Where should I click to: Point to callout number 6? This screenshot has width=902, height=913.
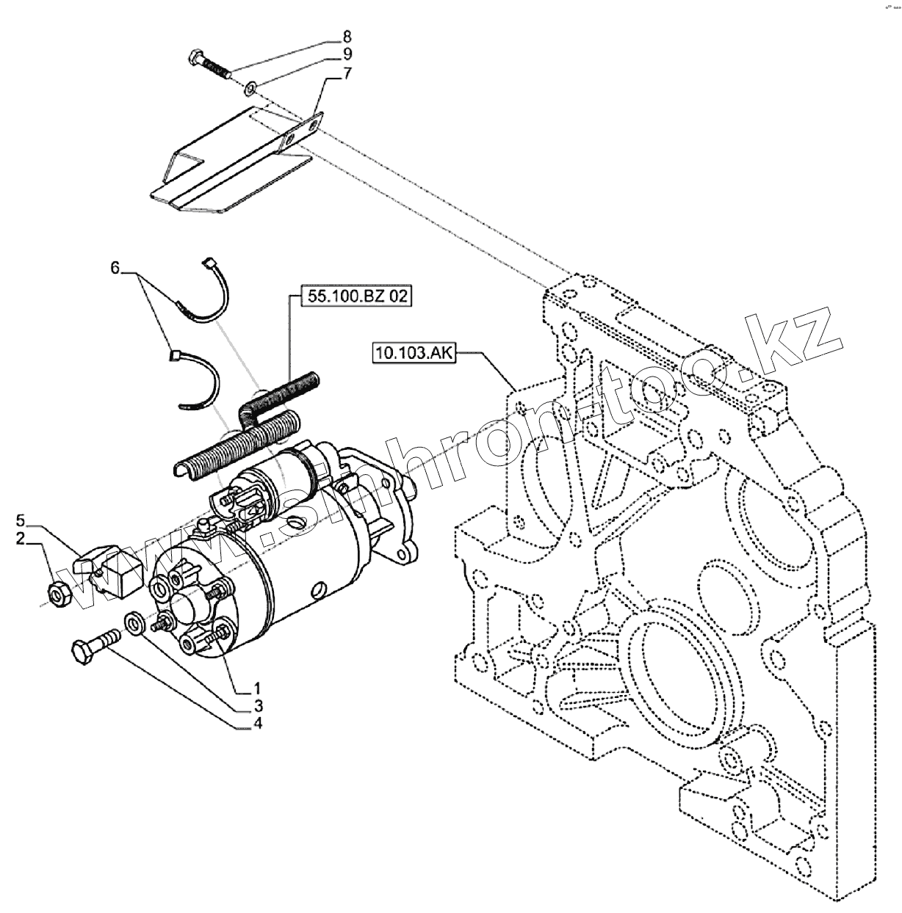(115, 269)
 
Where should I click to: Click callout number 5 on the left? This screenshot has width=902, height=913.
(21, 521)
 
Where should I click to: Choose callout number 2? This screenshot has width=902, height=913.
(21, 539)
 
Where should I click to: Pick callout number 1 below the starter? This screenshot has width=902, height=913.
(258, 688)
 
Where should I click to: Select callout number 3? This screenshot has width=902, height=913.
(258, 705)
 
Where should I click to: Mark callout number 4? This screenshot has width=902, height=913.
(258, 724)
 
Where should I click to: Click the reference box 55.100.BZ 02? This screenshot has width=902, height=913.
(357, 297)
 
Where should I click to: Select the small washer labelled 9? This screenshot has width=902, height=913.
(250, 89)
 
